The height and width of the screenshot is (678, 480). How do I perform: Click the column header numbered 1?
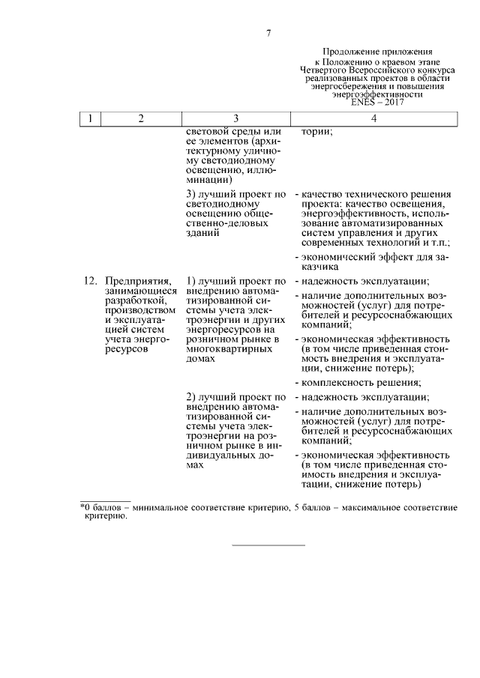pos(90,119)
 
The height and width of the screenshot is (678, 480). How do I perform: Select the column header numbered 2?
pos(140,119)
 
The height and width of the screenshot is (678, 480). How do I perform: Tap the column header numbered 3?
pos(235,119)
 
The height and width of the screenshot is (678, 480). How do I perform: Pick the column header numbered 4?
pos(373,119)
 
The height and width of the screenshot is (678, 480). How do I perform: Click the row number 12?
pos(89,281)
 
